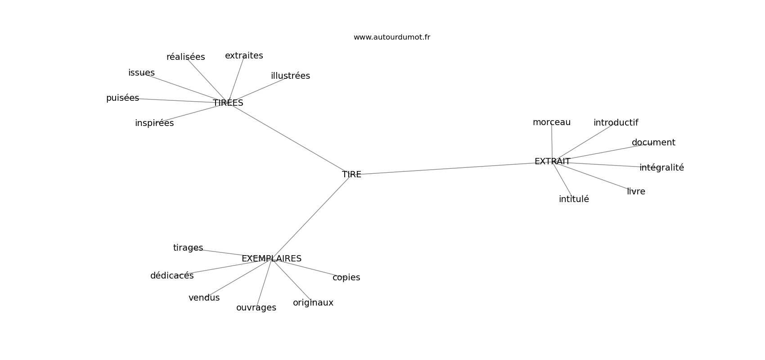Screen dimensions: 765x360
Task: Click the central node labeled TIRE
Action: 351,175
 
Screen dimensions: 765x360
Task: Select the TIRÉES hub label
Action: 228,103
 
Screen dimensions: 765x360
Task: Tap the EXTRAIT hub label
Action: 552,162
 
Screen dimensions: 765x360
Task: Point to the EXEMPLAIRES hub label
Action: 271,259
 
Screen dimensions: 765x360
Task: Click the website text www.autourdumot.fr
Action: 391,37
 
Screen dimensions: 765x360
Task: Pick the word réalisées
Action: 186,57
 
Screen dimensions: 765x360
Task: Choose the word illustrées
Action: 290,76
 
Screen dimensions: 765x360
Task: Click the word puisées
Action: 122,99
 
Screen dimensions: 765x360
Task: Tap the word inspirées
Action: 154,123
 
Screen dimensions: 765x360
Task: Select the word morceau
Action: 552,122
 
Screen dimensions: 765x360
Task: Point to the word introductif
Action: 616,122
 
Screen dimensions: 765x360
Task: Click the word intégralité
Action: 661,168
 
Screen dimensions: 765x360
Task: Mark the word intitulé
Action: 574,199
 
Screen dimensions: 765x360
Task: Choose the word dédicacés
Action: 172,276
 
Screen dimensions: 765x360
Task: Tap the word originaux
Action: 313,303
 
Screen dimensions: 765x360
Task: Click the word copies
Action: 346,278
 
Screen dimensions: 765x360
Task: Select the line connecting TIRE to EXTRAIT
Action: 448,168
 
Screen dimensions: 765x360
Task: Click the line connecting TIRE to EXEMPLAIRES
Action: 311,218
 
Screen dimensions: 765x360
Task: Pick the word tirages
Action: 188,248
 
